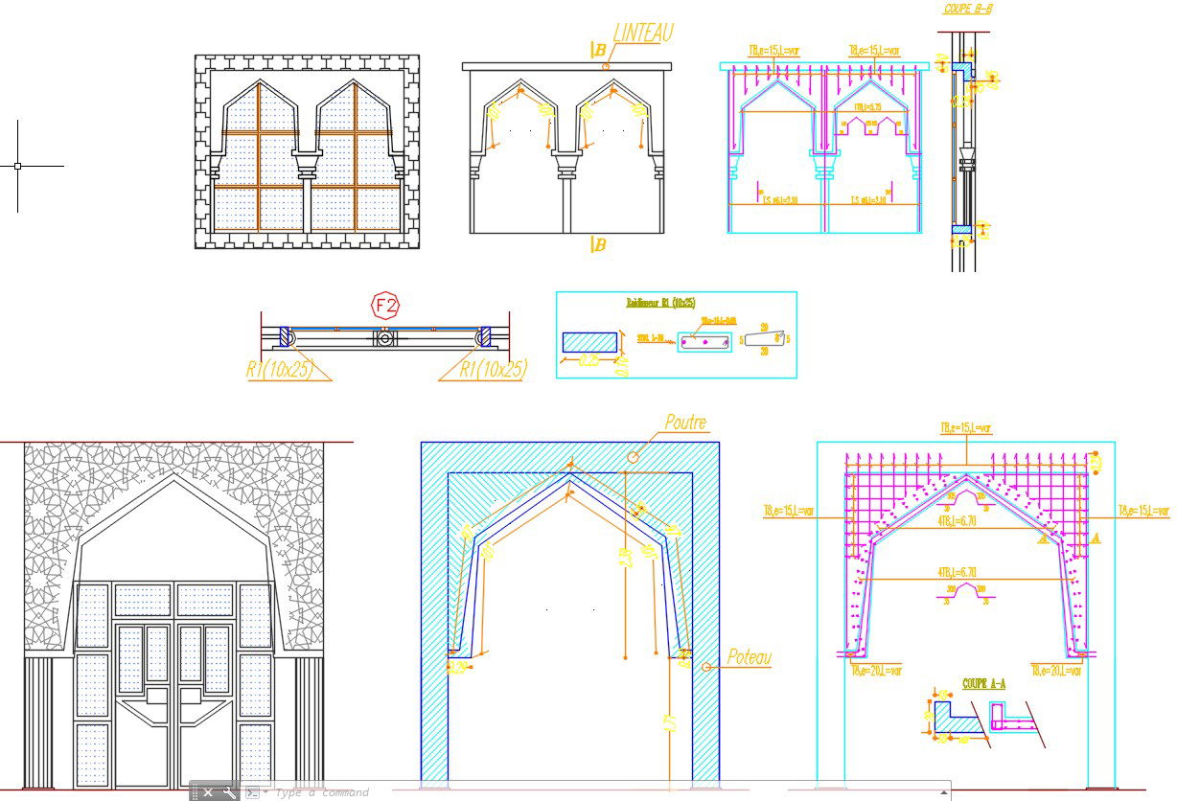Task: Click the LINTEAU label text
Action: [642, 34]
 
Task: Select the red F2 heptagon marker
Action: [385, 306]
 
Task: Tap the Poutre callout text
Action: [685, 422]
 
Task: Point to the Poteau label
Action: [749, 657]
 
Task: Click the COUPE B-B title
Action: [966, 9]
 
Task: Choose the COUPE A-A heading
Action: [983, 684]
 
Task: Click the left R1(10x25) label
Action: [280, 369]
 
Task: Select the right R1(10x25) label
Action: [493, 369]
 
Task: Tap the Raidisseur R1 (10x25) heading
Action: [660, 303]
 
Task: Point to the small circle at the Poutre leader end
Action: [633, 457]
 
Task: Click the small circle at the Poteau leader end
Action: [706, 666]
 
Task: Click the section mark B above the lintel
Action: [596, 50]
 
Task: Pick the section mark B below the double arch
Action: [598, 245]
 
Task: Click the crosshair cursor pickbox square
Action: [17, 166]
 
